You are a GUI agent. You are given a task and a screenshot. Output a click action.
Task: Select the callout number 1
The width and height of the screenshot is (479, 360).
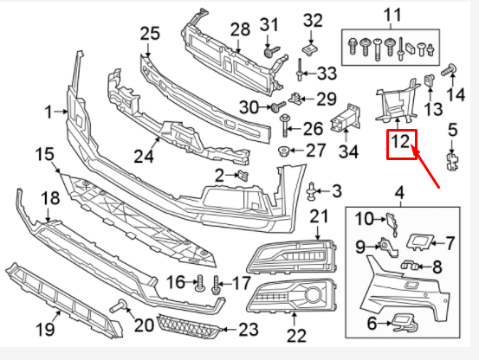(49, 111)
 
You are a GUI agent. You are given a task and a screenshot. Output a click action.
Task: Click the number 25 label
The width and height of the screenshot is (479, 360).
(150, 34)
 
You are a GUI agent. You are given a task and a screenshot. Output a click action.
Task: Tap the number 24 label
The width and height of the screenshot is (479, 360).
(143, 157)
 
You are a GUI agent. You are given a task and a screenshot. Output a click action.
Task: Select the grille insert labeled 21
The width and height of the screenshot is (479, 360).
(289, 258)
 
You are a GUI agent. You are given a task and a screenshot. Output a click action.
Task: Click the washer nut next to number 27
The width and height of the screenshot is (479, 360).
(282, 152)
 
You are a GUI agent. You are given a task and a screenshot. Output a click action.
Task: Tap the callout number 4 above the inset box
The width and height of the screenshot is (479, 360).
(399, 191)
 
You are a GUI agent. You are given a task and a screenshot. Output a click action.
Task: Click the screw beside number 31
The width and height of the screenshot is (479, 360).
(270, 52)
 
